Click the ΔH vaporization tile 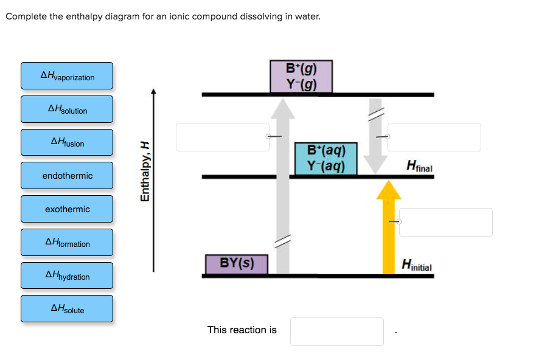point(67,76)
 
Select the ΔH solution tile point(67,109)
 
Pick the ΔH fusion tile point(67,142)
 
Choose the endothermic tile point(67,176)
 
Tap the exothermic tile point(67,209)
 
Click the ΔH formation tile point(67,243)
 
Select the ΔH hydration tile point(67,275)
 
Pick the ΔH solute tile point(67,309)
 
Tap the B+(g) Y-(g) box point(301,76)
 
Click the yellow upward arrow point(389,228)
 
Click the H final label point(419,165)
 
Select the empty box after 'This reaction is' point(336,331)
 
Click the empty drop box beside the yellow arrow point(445,222)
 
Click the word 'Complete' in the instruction point(26,16)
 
